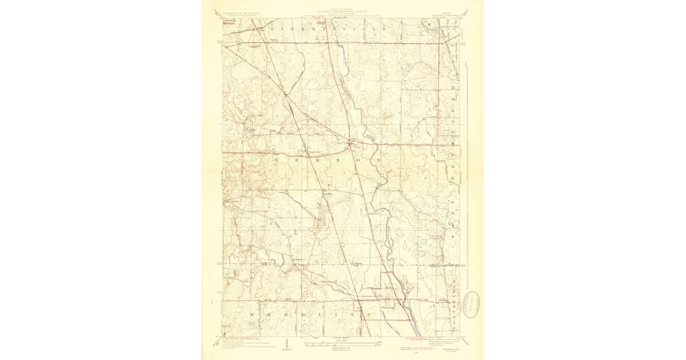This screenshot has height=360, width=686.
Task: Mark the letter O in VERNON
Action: click(x=339, y=161)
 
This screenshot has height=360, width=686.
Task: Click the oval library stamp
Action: click(x=472, y=301)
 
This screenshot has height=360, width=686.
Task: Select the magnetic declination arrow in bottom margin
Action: click(x=286, y=345)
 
